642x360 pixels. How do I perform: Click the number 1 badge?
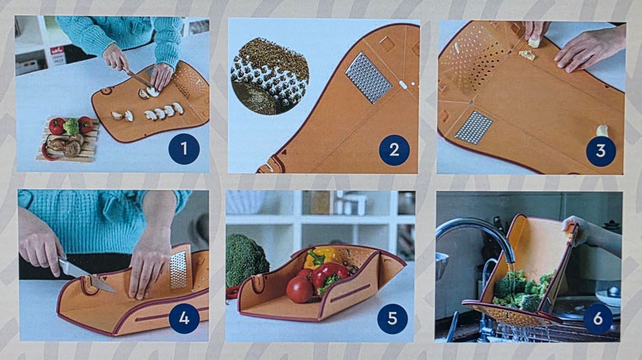[x=184, y=149]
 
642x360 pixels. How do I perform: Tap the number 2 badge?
[x=394, y=150]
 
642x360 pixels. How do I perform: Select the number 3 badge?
[x=601, y=151]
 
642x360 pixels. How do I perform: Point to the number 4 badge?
[x=184, y=318]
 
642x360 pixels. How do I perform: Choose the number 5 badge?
[x=392, y=319]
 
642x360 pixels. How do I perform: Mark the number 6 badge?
[x=598, y=319]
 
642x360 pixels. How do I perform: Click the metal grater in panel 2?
[x=369, y=78]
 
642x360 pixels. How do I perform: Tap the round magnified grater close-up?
[x=270, y=76]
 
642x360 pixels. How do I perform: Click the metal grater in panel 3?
[x=474, y=127]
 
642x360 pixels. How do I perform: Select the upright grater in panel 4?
[x=178, y=270]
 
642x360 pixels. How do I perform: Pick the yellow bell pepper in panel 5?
[x=322, y=257]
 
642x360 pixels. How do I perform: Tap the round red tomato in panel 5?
[x=300, y=289]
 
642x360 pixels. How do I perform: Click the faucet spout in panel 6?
[x=476, y=235]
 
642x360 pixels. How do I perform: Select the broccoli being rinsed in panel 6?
[x=524, y=289]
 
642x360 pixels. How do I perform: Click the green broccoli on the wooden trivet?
[x=71, y=126]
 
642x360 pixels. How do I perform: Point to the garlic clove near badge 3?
[x=602, y=131]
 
